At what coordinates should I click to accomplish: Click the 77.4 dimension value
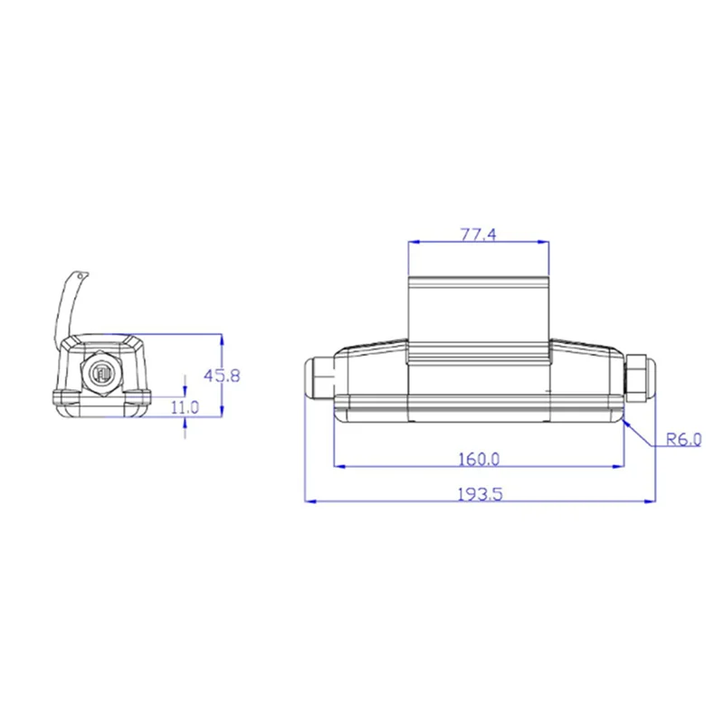point(479,234)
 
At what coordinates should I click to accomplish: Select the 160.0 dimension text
point(479,459)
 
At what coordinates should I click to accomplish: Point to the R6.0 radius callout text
point(683,441)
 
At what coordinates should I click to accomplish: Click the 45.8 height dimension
point(223,375)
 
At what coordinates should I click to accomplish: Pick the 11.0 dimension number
point(185,407)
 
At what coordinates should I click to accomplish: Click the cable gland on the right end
point(639,378)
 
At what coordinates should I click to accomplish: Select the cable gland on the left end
point(318,378)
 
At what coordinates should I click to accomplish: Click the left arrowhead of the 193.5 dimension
point(307,500)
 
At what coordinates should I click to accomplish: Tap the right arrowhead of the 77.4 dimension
point(545,243)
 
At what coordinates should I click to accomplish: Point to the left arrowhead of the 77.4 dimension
point(413,243)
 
